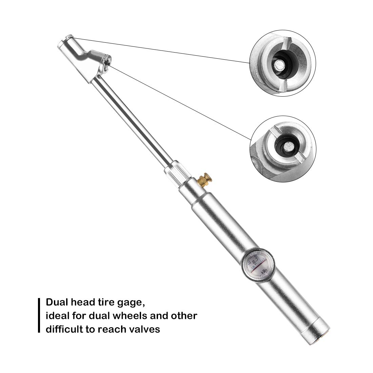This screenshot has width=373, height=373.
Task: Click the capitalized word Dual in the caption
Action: tap(57, 302)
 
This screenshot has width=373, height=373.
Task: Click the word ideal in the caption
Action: tap(58, 315)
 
